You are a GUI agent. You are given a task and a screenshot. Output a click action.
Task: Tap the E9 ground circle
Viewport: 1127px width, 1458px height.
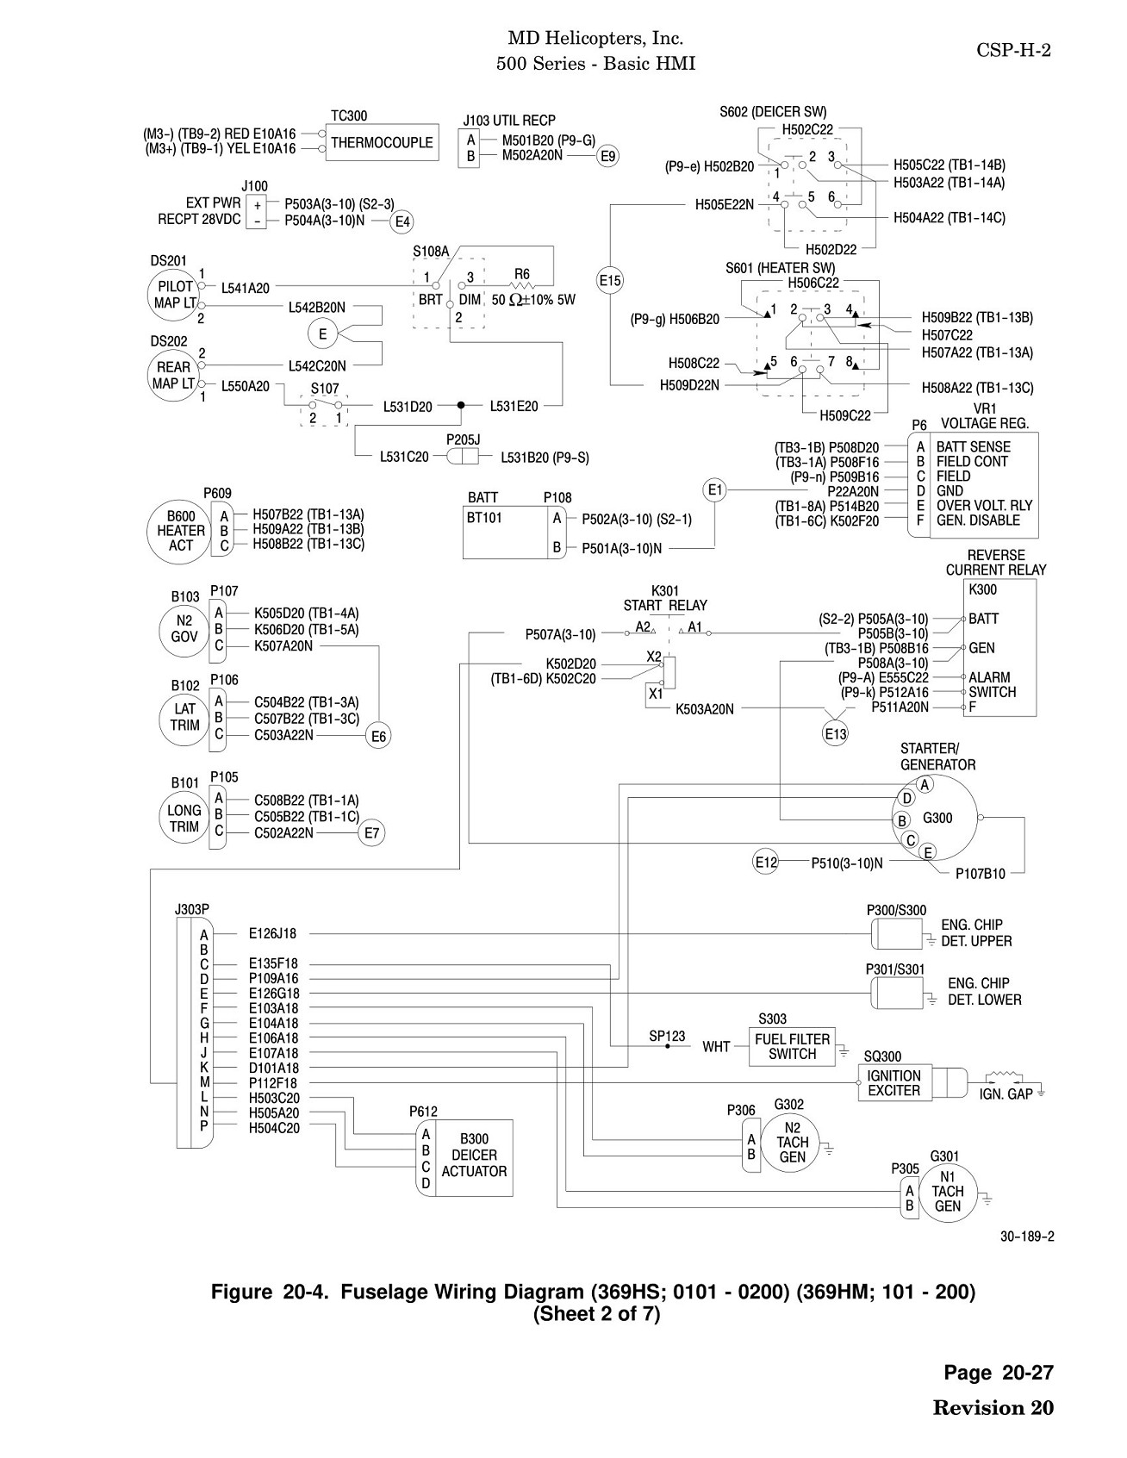click(x=607, y=156)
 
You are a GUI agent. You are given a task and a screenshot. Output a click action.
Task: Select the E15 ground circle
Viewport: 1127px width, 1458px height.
click(x=610, y=280)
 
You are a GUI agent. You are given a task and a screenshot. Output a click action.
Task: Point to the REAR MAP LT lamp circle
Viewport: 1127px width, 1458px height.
click(x=173, y=375)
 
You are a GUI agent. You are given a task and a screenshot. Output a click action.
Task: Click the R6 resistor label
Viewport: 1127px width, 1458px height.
click(x=522, y=274)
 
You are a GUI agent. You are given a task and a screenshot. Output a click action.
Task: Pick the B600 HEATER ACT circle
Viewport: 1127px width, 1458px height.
click(x=181, y=531)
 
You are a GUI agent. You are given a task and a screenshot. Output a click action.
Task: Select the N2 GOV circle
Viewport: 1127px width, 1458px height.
click(x=184, y=629)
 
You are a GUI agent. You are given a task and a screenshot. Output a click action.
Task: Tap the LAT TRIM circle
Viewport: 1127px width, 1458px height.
click(x=184, y=717)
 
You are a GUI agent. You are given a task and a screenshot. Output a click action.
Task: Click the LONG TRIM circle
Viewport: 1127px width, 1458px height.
click(x=184, y=818)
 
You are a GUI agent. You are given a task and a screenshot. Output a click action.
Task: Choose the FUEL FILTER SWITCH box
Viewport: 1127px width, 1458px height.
click(x=792, y=1047)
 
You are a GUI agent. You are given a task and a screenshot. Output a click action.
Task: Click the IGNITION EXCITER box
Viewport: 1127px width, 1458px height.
click(x=894, y=1083)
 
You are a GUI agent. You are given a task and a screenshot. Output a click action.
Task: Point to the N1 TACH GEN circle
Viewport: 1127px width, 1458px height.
click(x=947, y=1191)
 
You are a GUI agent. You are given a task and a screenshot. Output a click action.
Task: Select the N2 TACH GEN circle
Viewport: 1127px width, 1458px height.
click(x=792, y=1142)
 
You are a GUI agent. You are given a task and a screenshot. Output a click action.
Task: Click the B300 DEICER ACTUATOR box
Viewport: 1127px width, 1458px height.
click(x=474, y=1158)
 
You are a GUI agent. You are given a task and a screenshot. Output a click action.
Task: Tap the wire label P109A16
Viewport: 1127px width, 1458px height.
click(x=274, y=979)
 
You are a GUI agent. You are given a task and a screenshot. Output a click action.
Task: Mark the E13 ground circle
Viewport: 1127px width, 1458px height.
click(x=836, y=734)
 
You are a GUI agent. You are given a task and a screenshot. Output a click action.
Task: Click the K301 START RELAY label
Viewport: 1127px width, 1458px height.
click(x=665, y=598)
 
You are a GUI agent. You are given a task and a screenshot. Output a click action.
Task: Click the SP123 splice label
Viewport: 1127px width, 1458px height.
click(x=667, y=1036)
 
